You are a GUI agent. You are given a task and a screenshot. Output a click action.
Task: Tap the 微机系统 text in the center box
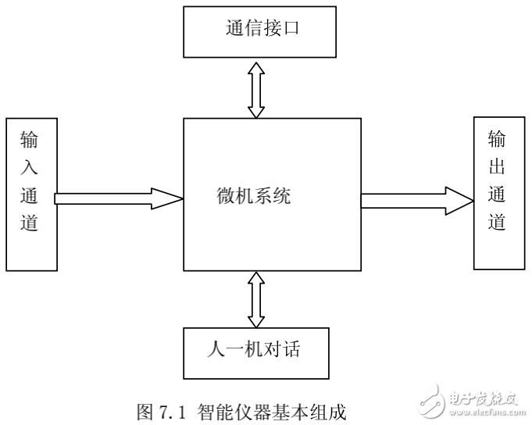click(x=254, y=196)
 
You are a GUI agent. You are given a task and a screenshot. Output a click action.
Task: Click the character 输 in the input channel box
click(x=30, y=141)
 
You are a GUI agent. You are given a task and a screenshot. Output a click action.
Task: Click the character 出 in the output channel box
click(x=498, y=167)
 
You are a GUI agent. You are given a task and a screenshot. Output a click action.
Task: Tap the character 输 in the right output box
click(x=498, y=140)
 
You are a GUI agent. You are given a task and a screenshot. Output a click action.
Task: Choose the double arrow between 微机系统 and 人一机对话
click(x=256, y=299)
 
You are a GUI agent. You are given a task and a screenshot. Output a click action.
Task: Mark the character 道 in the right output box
click(x=498, y=222)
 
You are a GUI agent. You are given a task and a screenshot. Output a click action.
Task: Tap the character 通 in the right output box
click(x=498, y=195)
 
